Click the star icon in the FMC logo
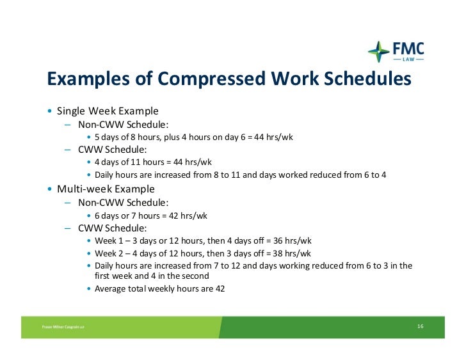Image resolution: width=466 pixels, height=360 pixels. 378,52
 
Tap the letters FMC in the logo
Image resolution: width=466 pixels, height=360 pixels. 407,49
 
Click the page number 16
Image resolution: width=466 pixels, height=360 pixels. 420,327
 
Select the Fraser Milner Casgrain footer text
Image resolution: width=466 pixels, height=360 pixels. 63,327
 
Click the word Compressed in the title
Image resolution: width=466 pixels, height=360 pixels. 212,79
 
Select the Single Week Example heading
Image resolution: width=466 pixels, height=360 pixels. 108,111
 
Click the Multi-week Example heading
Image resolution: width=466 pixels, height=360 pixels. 106,189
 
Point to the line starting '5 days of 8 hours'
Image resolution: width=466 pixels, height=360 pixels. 193,137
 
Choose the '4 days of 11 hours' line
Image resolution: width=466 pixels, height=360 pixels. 153,162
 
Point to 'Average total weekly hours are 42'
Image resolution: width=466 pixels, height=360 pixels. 159,288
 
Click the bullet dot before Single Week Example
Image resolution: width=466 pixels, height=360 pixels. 50,111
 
